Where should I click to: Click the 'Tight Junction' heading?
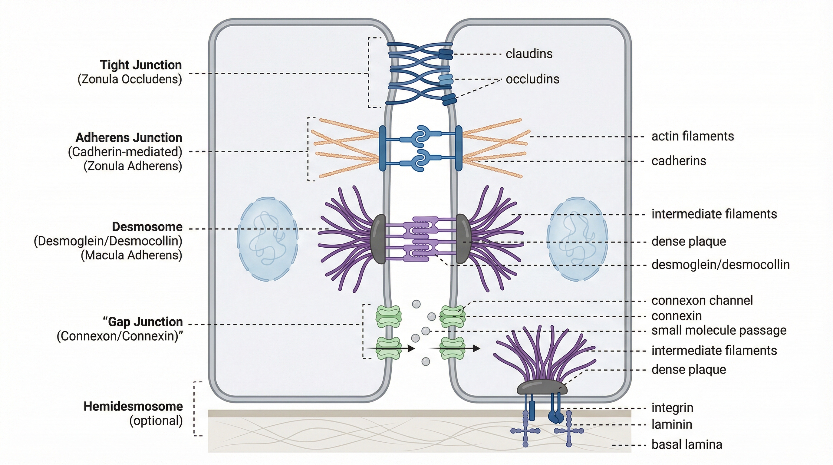(x=141, y=65)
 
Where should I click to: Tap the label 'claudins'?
(x=529, y=54)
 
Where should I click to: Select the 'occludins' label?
(x=532, y=79)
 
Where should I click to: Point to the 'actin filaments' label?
(x=692, y=136)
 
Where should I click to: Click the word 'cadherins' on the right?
(x=678, y=161)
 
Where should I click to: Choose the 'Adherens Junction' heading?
(x=129, y=137)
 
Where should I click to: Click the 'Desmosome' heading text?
(x=147, y=227)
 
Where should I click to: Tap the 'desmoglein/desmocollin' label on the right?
(x=720, y=265)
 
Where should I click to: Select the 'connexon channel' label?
(x=702, y=300)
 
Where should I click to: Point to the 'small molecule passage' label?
(x=719, y=330)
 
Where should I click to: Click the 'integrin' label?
(x=672, y=407)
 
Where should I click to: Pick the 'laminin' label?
(x=672, y=424)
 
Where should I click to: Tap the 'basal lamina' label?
(x=686, y=444)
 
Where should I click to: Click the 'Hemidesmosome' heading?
(x=133, y=406)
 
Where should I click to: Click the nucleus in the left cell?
(x=268, y=239)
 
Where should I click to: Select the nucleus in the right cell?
(x=577, y=239)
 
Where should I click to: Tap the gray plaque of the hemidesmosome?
(x=542, y=387)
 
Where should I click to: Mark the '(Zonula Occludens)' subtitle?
(x=130, y=79)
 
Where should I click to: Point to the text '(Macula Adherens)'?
(x=131, y=255)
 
